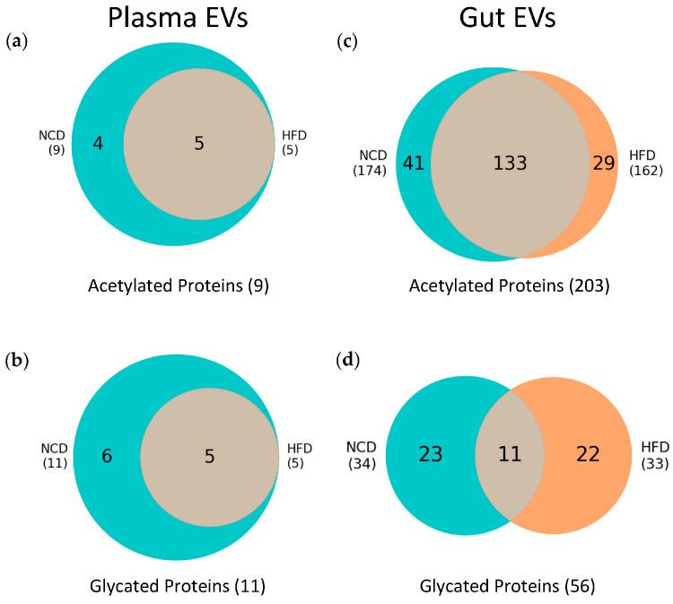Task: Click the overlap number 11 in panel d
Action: pyautogui.click(x=511, y=455)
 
